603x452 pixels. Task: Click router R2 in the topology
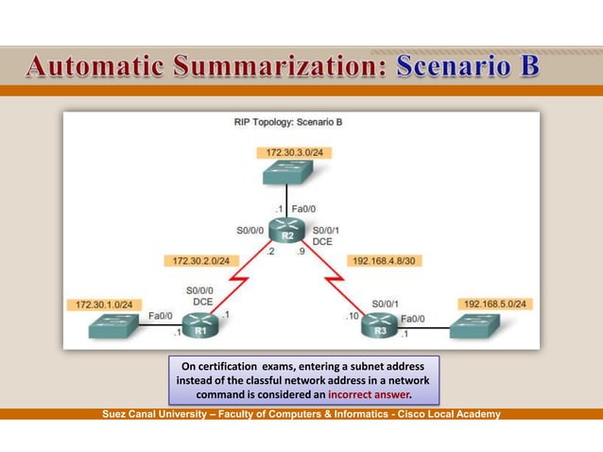point(287,230)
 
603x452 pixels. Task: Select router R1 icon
point(200,325)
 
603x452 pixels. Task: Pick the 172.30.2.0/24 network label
point(201,260)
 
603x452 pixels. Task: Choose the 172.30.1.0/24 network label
point(105,304)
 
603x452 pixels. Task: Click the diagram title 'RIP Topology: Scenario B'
point(287,123)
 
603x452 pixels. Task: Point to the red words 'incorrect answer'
point(369,393)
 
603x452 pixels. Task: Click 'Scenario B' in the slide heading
point(468,67)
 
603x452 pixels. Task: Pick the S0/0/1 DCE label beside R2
point(325,235)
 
